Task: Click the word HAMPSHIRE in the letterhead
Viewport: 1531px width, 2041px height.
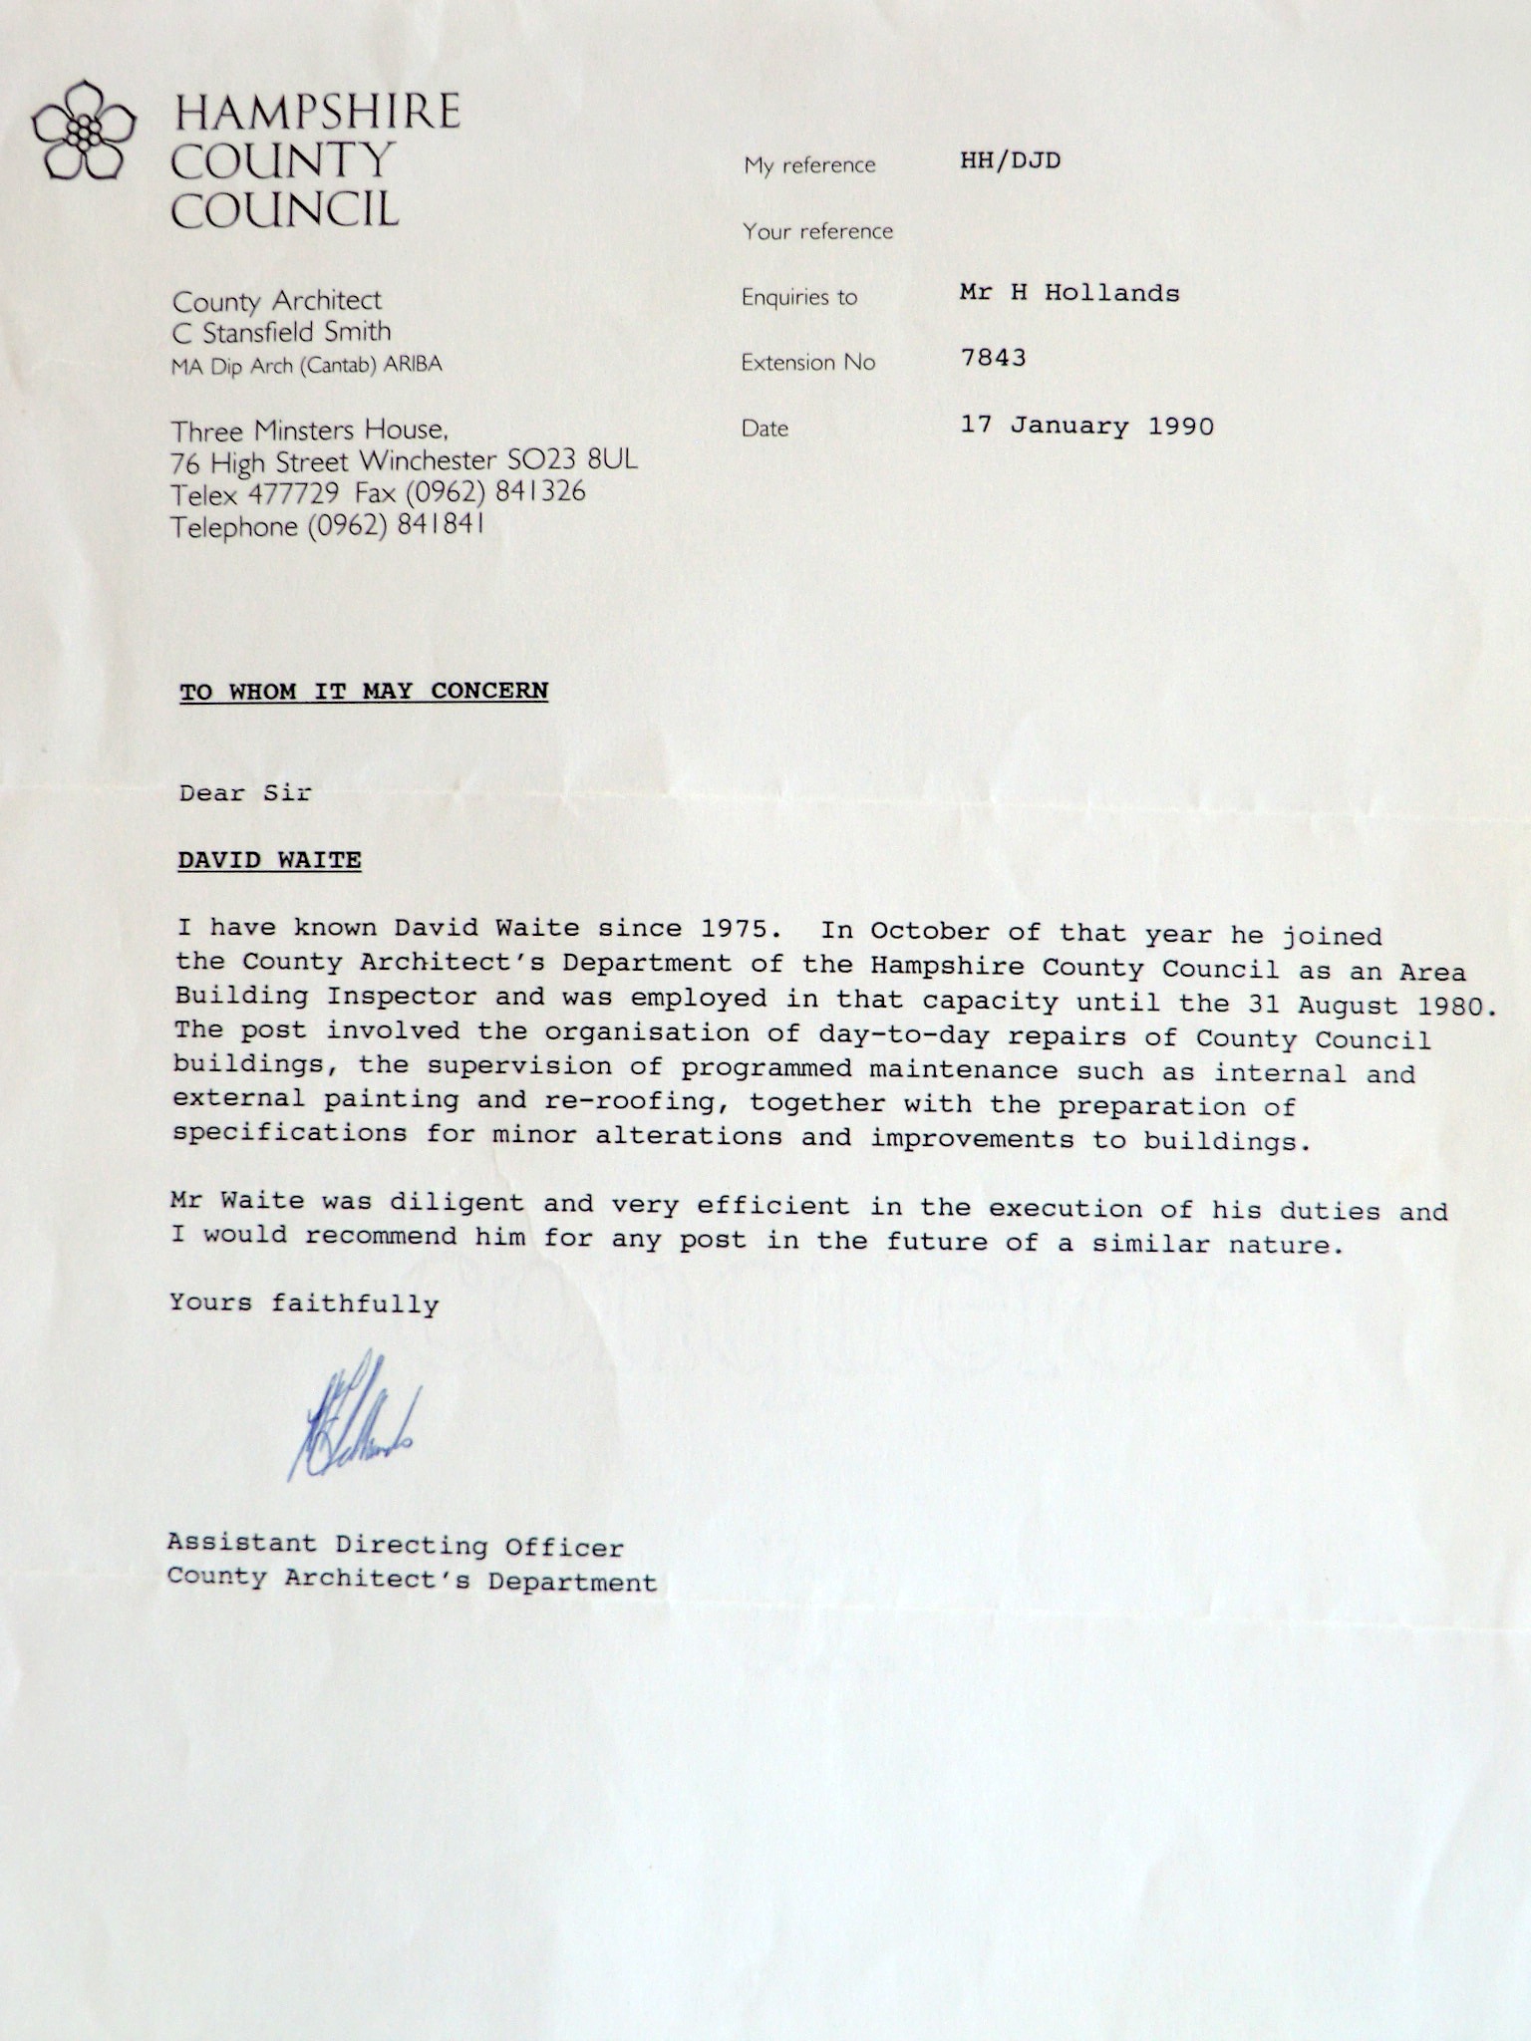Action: click(317, 112)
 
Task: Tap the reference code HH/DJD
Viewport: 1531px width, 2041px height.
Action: click(1010, 160)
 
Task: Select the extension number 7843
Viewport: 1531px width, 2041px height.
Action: click(993, 358)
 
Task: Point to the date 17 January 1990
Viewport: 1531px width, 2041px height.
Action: click(1086, 427)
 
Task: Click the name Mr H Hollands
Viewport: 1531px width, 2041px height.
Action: click(1070, 293)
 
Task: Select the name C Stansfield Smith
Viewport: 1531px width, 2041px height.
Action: click(281, 332)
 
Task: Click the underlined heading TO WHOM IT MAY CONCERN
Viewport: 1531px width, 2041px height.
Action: click(364, 692)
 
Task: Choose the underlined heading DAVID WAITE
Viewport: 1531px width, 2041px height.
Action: click(269, 860)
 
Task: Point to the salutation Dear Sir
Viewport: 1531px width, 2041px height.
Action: click(245, 793)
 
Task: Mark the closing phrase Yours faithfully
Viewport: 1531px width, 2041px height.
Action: click(304, 1303)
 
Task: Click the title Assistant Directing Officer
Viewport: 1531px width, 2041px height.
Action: click(395, 1546)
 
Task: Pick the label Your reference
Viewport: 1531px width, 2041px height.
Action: click(817, 231)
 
